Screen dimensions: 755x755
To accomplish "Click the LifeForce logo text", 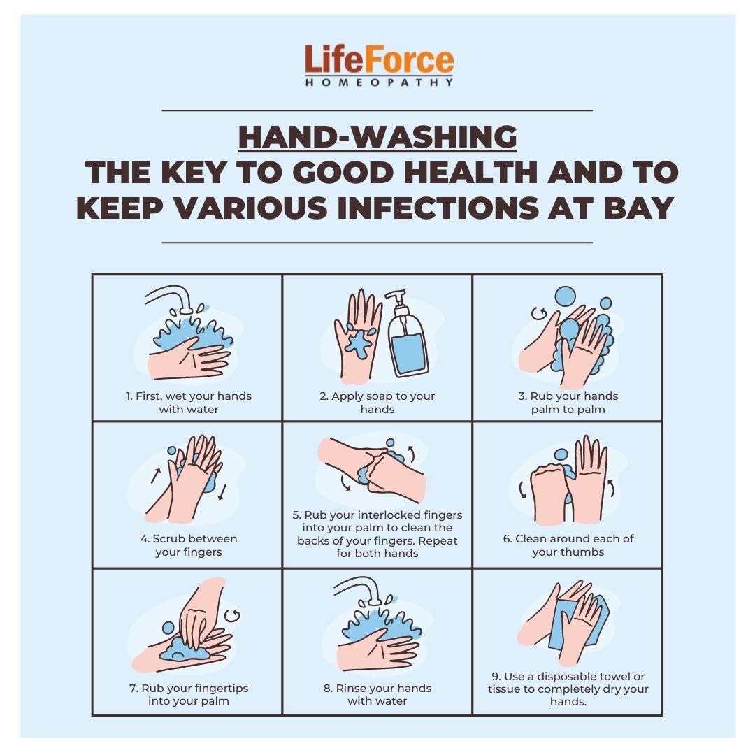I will pyautogui.click(x=378, y=61).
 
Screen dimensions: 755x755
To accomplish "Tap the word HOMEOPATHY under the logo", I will pyautogui.click(x=378, y=82).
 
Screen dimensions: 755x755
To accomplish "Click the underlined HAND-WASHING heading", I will pyautogui.click(x=377, y=138).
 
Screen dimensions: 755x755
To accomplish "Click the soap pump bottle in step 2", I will pyautogui.click(x=408, y=338).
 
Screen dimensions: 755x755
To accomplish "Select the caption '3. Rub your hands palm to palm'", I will pyautogui.click(x=568, y=403).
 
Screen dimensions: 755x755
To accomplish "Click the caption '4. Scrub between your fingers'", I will pyautogui.click(x=189, y=545).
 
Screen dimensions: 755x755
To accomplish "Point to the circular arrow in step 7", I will pyautogui.click(x=233, y=615).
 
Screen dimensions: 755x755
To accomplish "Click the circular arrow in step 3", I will pyautogui.click(x=539, y=312).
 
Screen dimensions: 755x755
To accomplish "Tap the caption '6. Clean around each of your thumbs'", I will pyautogui.click(x=568, y=545).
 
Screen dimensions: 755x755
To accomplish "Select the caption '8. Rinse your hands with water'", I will pyautogui.click(x=377, y=694).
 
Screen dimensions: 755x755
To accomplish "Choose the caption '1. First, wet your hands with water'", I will pyautogui.click(x=189, y=403).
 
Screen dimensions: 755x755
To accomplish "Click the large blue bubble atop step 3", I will pyautogui.click(x=565, y=296).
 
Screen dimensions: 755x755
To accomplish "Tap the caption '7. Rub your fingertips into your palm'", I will pyautogui.click(x=189, y=694).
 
